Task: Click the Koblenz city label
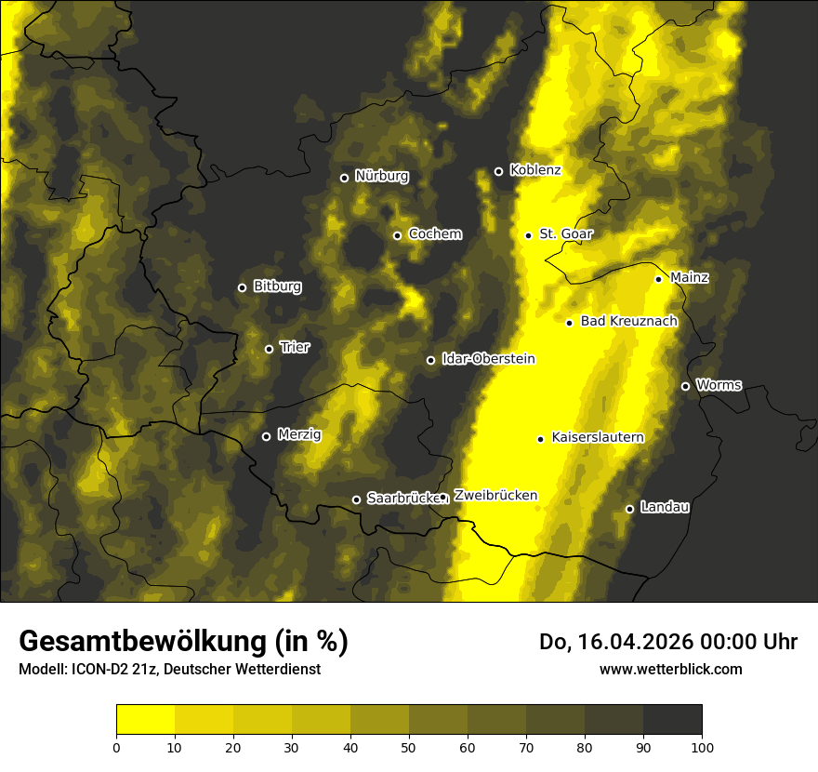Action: click(535, 170)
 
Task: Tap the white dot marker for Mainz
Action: click(658, 279)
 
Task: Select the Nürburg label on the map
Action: click(381, 176)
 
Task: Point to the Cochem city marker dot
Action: click(397, 235)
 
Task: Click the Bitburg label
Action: click(277, 286)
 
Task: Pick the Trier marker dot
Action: click(269, 349)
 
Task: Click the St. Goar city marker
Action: click(528, 235)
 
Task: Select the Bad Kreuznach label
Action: click(628, 321)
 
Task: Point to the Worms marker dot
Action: click(685, 386)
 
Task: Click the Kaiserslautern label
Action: click(598, 437)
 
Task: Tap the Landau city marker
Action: click(629, 509)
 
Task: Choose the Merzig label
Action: click(298, 434)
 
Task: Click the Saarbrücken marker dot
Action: click(356, 499)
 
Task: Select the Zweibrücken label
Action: click(495, 496)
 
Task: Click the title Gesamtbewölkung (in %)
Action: click(183, 641)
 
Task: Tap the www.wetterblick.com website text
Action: click(670, 669)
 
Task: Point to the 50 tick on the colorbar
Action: click(409, 747)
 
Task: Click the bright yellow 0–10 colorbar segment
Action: click(145, 720)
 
